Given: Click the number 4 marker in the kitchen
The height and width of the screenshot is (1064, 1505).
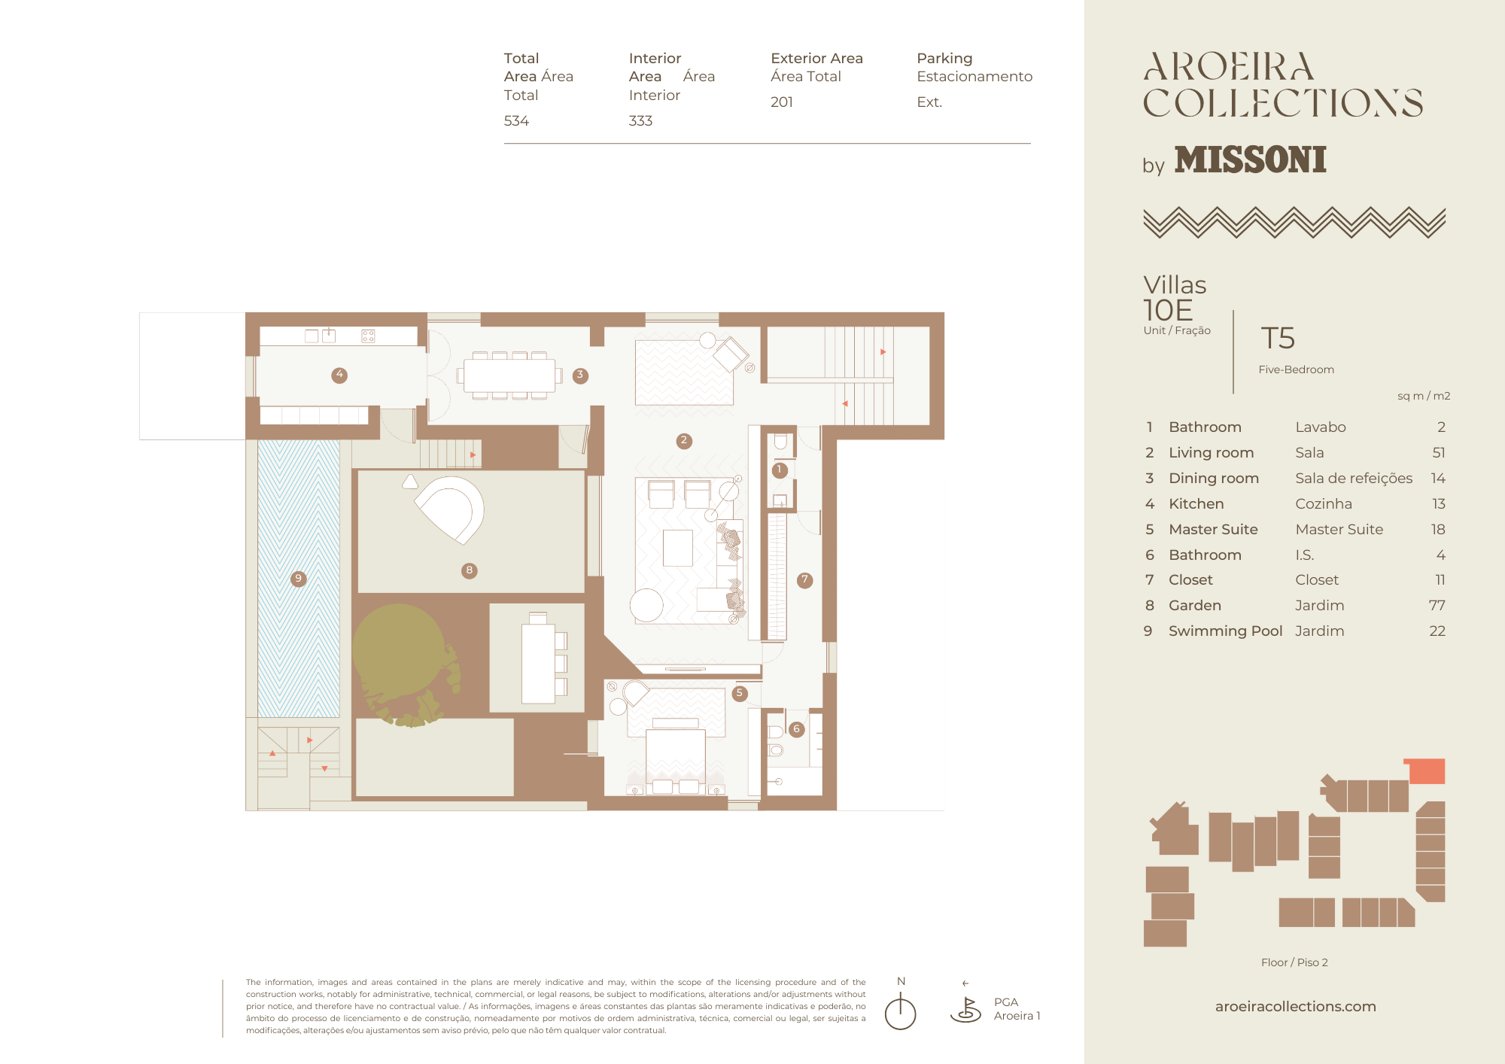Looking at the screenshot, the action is tap(339, 375).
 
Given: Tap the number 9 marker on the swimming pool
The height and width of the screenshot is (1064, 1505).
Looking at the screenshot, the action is tap(299, 579).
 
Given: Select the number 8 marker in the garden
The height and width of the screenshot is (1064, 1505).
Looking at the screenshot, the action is tap(470, 570).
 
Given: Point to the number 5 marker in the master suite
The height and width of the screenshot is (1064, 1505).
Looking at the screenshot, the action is tap(740, 693).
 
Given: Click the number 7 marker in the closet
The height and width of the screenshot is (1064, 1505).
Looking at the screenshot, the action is tap(805, 580).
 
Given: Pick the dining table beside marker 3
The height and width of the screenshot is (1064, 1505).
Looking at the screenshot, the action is tap(509, 375).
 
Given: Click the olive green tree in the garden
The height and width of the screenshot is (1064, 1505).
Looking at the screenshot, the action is tap(402, 662).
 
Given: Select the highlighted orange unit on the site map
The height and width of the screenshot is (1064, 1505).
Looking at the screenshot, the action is tap(1425, 771).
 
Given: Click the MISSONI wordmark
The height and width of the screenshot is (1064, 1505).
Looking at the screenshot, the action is tap(1250, 160).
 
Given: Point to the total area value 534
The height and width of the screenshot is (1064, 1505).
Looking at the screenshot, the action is tap(516, 120).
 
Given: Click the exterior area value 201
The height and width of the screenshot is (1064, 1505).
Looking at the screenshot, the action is tap(782, 102).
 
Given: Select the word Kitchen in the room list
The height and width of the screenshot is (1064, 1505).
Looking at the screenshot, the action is tap(1196, 503).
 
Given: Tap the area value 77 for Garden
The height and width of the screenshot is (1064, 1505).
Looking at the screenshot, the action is tap(1437, 605).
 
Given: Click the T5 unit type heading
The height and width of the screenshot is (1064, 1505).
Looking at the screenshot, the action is tap(1278, 338).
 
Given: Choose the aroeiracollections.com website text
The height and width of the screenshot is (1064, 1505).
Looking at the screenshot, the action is tap(1296, 1006).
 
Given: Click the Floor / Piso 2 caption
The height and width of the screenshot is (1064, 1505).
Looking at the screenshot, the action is tap(1294, 962).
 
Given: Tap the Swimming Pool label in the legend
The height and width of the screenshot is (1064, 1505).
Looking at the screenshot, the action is tap(1225, 631).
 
